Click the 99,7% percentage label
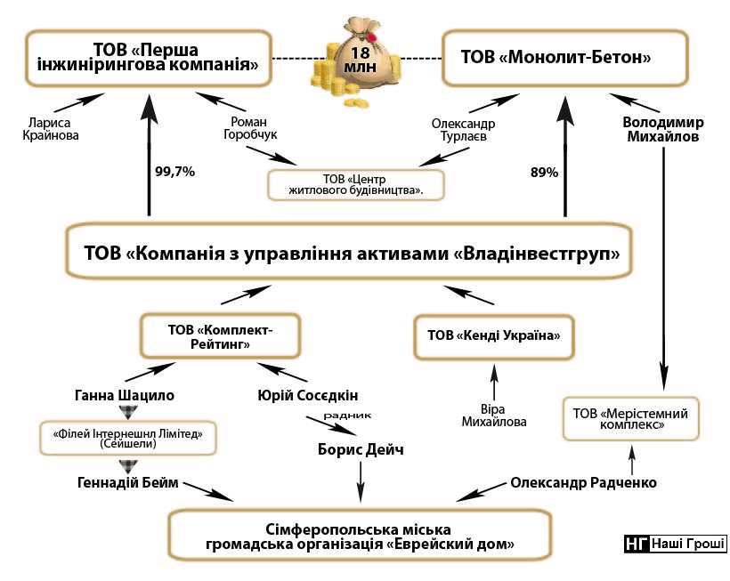[x=174, y=171]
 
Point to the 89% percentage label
[x=544, y=172]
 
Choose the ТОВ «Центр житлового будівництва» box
[x=356, y=183]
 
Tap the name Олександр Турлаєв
[x=463, y=130]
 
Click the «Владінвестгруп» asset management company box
[x=353, y=254]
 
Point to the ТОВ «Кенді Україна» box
[x=493, y=335]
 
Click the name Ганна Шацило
[x=125, y=394]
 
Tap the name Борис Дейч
[x=361, y=449]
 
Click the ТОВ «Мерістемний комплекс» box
[x=631, y=418]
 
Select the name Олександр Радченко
[x=583, y=483]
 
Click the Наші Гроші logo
[x=675, y=544]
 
